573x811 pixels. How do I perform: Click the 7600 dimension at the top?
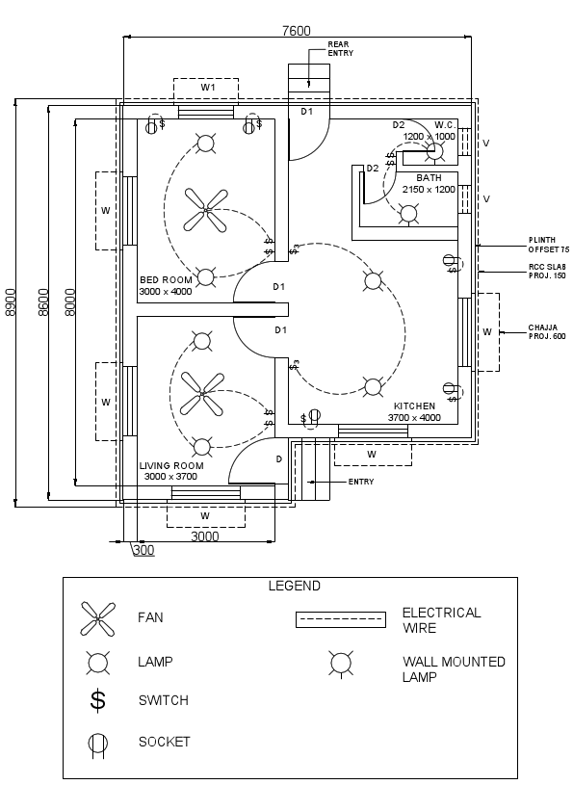(296, 30)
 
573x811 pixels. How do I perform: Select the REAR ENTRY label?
(340, 49)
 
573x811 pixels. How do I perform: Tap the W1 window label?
(207, 88)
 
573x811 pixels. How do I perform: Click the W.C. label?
(444, 125)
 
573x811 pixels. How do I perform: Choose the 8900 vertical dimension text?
(11, 302)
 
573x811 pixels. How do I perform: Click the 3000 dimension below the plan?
(204, 536)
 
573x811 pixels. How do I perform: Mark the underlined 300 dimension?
(143, 550)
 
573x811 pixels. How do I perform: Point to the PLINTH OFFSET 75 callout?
(548, 245)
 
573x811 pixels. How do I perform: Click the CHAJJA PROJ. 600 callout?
(548, 332)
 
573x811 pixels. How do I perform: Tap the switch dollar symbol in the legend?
(97, 700)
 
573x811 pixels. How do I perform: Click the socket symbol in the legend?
(97, 744)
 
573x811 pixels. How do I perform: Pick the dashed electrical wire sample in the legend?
(340, 620)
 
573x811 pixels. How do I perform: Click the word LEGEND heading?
(294, 586)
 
